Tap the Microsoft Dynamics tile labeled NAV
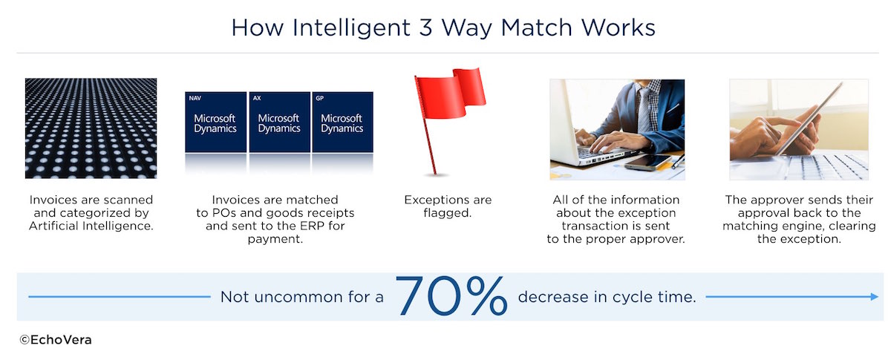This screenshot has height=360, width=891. (x=215, y=122)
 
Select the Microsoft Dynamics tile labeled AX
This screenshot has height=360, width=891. (x=280, y=122)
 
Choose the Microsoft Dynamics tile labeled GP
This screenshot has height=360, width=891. (x=343, y=122)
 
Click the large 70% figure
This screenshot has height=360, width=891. (x=451, y=295)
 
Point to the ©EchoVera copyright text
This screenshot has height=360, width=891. (x=56, y=340)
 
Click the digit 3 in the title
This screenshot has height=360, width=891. (x=425, y=28)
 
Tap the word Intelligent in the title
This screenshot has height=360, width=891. (x=351, y=29)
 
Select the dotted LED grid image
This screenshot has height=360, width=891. (x=91, y=128)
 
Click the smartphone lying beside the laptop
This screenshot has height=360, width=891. (x=647, y=162)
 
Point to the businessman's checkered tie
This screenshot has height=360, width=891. (x=644, y=108)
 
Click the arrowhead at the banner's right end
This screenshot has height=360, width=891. (x=874, y=296)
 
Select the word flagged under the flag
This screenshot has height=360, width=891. (x=448, y=213)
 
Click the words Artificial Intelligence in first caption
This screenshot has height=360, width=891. (x=91, y=226)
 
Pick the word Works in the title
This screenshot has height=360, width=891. (x=618, y=28)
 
